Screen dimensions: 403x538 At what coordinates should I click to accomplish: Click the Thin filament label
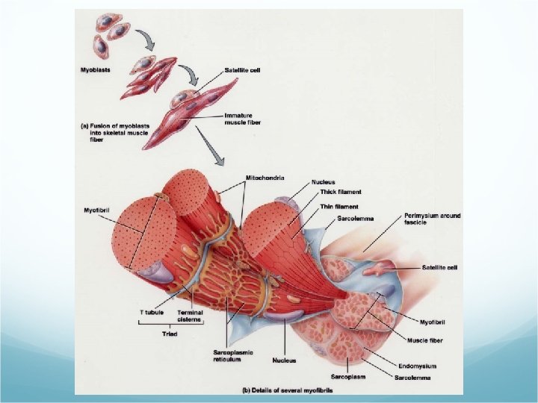click(x=338, y=206)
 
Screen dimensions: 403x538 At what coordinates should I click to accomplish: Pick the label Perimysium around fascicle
click(x=432, y=219)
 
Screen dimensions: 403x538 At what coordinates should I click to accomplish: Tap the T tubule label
click(x=152, y=312)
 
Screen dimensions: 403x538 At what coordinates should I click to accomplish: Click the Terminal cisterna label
click(x=190, y=316)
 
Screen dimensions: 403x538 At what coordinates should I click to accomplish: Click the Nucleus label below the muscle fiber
click(x=284, y=360)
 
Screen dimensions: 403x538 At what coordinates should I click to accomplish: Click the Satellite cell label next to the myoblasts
click(x=244, y=71)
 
